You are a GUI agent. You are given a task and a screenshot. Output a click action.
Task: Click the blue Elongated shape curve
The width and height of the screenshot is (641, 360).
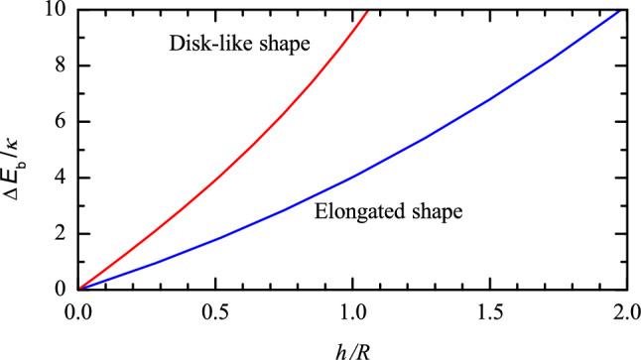coord(353,177)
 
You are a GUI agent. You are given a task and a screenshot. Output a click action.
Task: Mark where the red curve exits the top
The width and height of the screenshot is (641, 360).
coord(368,11)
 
